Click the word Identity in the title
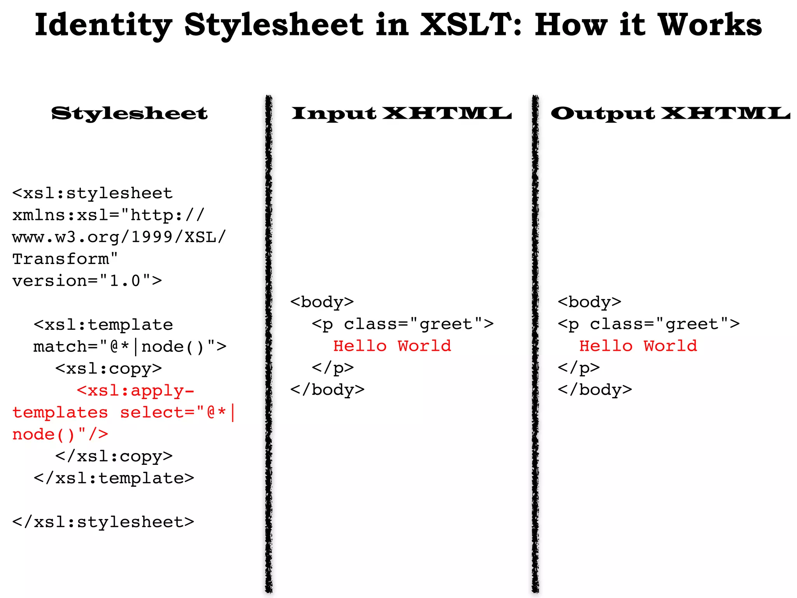pyautogui.click(x=103, y=25)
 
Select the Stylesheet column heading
pyautogui.click(x=130, y=113)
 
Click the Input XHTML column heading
pyautogui.click(x=401, y=113)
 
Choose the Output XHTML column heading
pyautogui.click(x=670, y=113)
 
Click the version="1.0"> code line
pyautogui.click(x=87, y=281)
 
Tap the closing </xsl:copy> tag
pyautogui.click(x=114, y=456)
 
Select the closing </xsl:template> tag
pyautogui.click(x=114, y=478)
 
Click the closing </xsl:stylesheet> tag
pyautogui.click(x=103, y=522)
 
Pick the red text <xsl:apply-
pyautogui.click(x=135, y=390)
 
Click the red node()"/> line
pyautogui.click(x=60, y=434)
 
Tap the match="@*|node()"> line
pyautogui.click(x=130, y=346)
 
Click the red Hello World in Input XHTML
pyautogui.click(x=392, y=346)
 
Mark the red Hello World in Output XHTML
pyautogui.click(x=638, y=346)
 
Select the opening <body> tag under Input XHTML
pyautogui.click(x=322, y=302)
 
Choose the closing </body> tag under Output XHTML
pyautogui.click(x=595, y=390)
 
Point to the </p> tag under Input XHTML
pyautogui.click(x=333, y=368)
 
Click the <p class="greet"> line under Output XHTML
pyautogui.click(x=648, y=324)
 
